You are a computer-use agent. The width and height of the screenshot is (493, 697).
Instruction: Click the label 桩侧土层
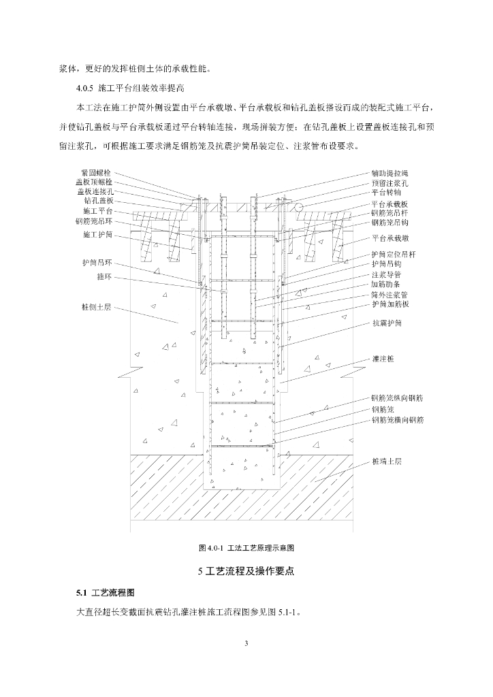tap(97, 307)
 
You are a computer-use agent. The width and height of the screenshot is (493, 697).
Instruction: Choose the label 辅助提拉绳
tap(389, 174)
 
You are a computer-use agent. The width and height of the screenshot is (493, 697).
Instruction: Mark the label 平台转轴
tap(385, 193)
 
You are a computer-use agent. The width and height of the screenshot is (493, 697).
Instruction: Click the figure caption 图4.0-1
tap(245, 547)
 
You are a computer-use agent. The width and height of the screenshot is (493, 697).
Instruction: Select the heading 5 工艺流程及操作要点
tap(246, 570)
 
